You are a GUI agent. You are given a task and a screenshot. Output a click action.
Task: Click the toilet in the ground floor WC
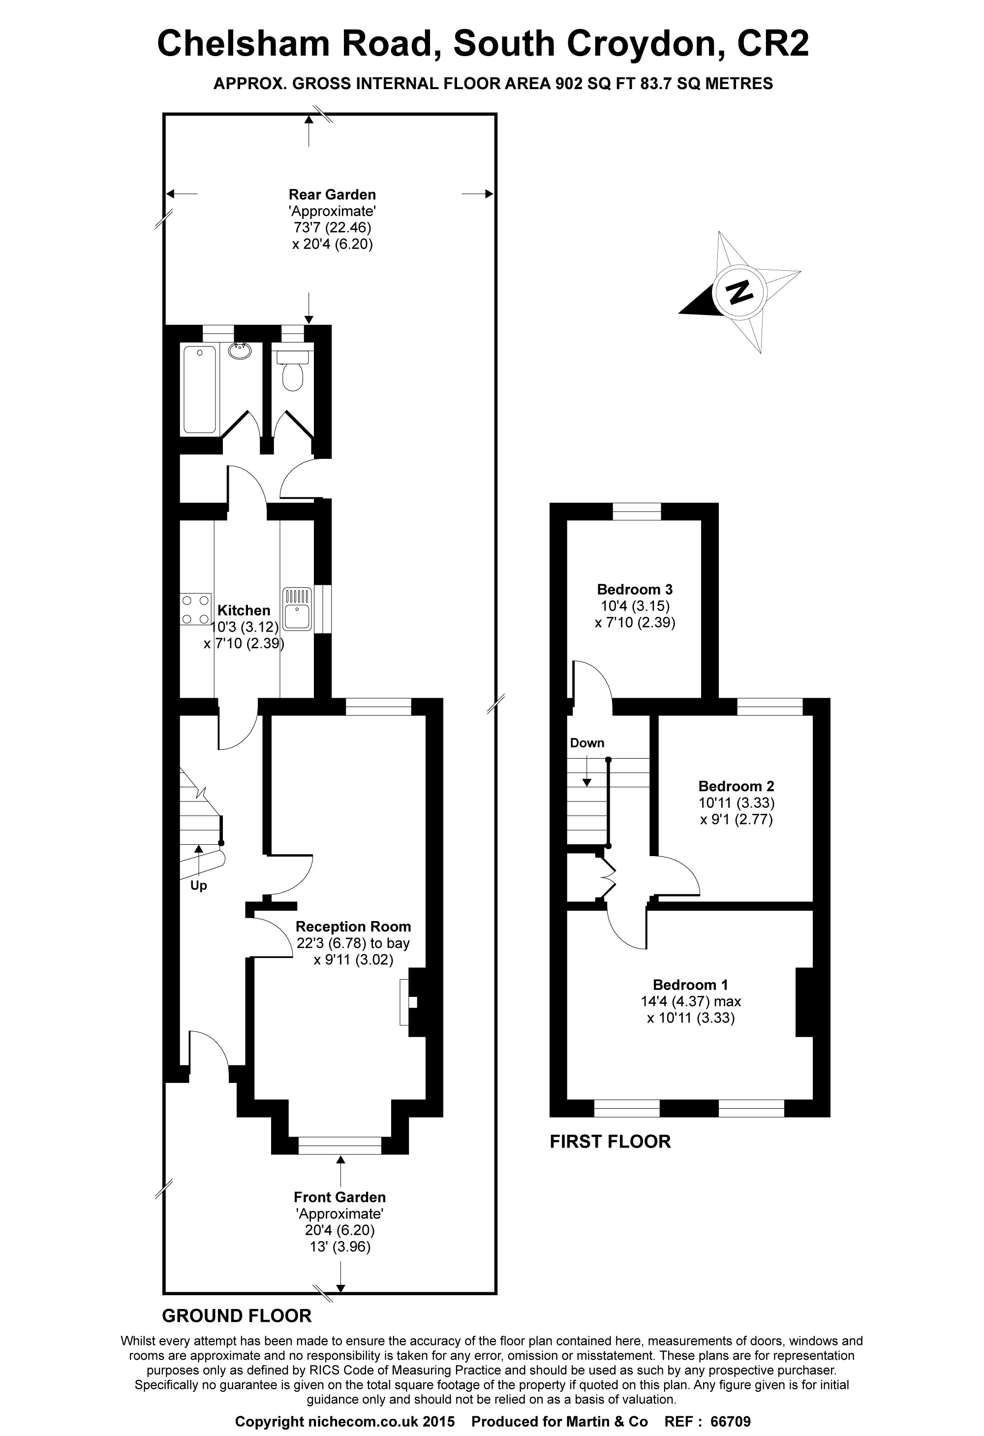[292, 375]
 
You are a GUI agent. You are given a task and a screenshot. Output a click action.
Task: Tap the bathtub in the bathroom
[200, 389]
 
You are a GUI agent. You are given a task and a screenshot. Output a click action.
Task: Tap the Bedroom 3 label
[634, 589]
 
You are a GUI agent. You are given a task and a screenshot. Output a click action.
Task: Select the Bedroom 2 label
[736, 786]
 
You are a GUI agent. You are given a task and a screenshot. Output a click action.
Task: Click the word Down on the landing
[587, 743]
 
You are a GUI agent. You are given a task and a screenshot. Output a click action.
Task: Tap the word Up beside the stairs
[198, 886]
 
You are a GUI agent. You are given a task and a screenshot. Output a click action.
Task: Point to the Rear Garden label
[332, 194]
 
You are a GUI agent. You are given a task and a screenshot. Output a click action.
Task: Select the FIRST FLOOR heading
[610, 1141]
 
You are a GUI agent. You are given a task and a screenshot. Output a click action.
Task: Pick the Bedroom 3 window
[636, 511]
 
